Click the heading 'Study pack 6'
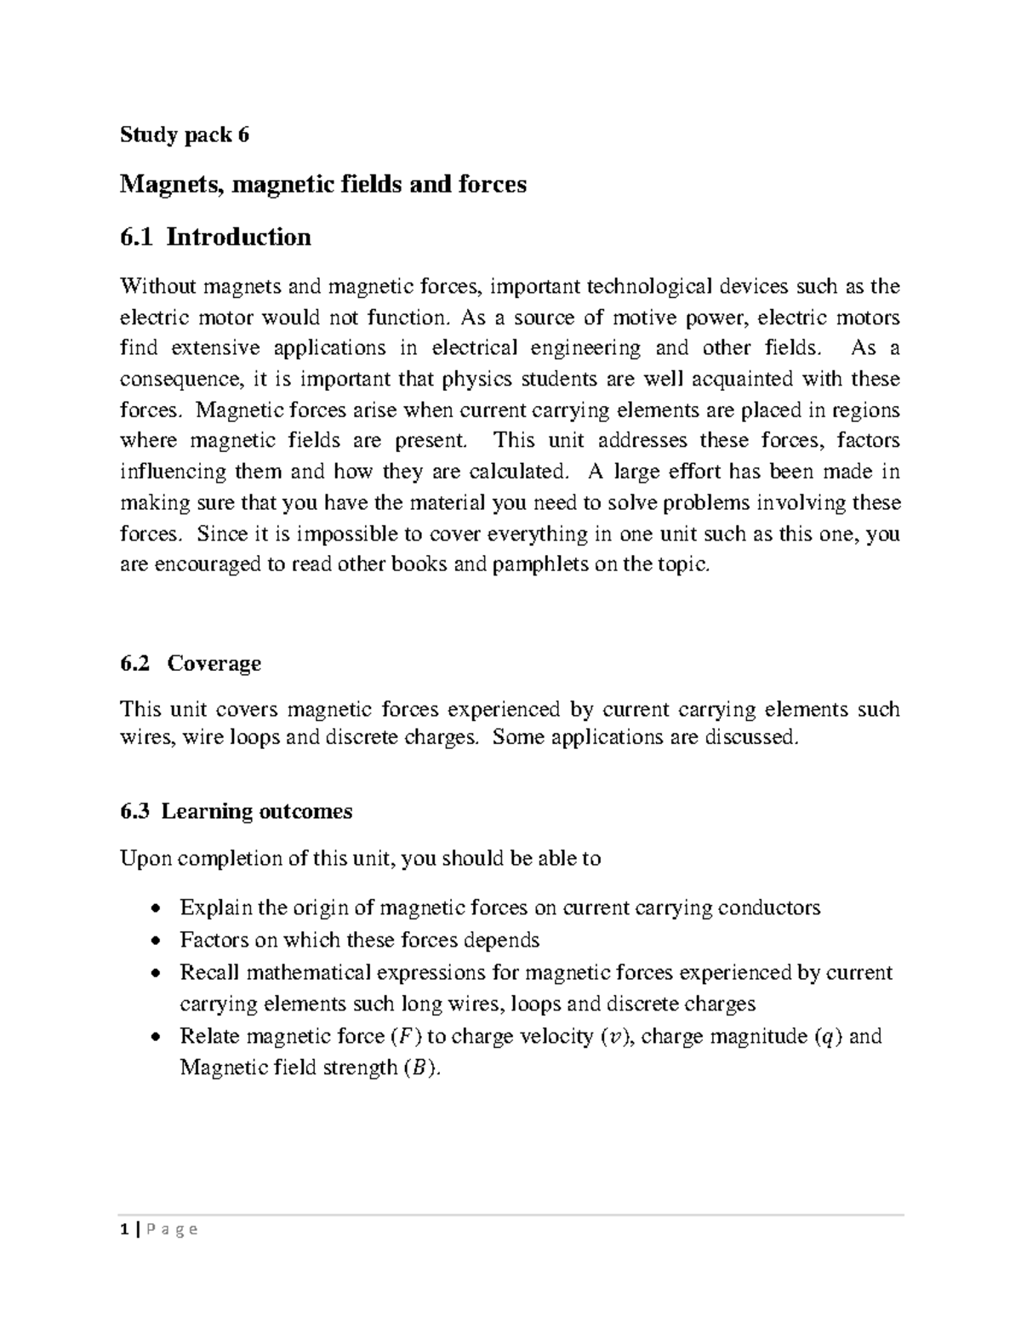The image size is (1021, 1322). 185,134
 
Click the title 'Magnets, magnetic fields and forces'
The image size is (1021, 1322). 323,184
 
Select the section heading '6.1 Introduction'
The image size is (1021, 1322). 215,237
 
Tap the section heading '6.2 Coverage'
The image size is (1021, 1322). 191,663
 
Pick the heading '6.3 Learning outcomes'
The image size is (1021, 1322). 236,811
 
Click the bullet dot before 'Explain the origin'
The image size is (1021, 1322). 154,909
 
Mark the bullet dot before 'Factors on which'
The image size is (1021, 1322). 154,941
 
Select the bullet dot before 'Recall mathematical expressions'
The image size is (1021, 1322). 154,974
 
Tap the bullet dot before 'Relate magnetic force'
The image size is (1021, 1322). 154,1038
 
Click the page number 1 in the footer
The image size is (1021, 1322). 124,1228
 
